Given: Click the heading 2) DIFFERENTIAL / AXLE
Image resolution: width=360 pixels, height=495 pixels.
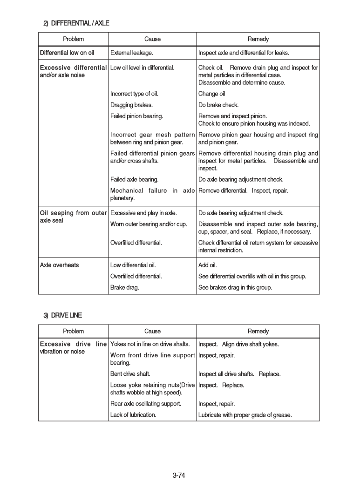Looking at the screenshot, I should coord(76,23).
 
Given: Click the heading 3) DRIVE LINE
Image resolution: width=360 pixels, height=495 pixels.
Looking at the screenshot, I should coord(62,315).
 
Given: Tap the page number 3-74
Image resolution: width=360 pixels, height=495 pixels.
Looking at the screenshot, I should coord(179,475).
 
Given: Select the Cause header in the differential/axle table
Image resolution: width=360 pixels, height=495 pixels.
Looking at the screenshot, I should coord(152,39).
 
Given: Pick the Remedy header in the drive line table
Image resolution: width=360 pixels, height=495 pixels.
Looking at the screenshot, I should coord(258,331).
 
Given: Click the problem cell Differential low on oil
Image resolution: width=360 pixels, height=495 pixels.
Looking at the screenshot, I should coord(67,53).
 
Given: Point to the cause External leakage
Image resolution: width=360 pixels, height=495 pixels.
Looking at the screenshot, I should coord(132,53).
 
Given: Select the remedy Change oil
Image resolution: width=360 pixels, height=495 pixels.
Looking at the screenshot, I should coord(211,94).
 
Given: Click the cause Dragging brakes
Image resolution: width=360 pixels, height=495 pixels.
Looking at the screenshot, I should coord(131,105).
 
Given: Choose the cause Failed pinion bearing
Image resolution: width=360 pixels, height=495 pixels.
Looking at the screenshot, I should coord(136,116).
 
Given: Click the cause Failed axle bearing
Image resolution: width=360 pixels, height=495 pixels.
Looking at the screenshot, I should coord(134,179).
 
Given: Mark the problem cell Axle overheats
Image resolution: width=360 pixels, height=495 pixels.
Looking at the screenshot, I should coord(59,265).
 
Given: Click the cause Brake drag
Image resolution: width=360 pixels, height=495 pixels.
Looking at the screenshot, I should coord(124,288).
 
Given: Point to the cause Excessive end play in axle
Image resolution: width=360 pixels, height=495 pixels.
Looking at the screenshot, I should coord(143,213).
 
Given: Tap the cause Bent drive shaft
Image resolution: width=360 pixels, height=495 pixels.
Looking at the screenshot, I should coord(130,374).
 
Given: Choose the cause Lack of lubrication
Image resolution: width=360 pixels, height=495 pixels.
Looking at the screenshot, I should coord(133,415).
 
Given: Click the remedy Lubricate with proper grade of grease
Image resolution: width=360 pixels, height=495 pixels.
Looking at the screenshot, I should coord(245,415).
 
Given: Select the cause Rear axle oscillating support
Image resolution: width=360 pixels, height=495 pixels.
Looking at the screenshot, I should coord(146,404).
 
